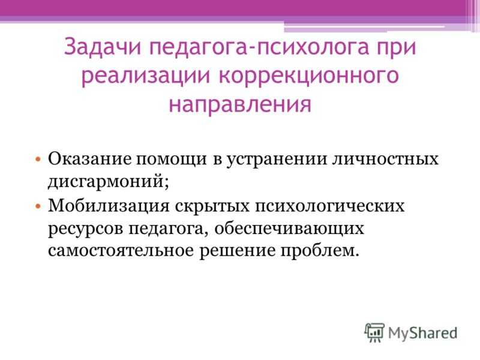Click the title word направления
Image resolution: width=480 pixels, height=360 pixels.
tap(240, 103)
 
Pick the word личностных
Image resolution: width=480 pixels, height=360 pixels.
tap(385, 160)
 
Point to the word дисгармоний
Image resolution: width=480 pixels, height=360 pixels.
tap(107, 182)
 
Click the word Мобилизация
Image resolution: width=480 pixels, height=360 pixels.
tap(109, 206)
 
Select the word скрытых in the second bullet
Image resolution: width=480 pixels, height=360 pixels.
tap(212, 206)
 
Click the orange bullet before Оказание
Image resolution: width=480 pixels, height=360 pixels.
tap(38, 159)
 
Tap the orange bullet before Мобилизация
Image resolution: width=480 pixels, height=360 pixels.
tap(38, 206)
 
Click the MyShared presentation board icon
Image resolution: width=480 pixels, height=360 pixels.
tap(374, 332)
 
